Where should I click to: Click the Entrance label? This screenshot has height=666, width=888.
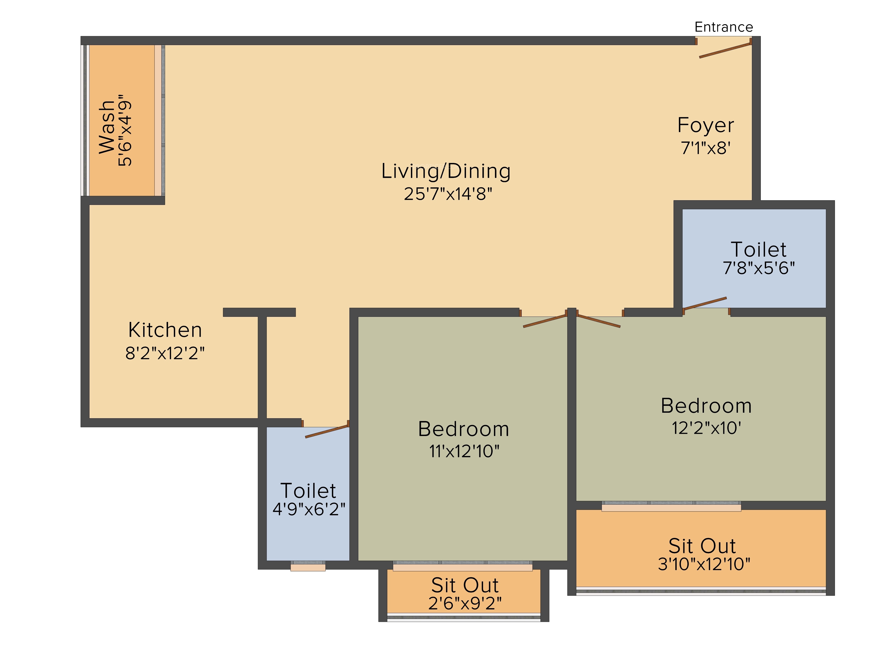(723, 27)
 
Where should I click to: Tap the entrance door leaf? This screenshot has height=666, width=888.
(725, 51)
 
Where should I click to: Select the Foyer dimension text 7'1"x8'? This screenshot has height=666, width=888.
(705, 148)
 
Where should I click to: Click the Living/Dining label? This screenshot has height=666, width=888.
(446, 171)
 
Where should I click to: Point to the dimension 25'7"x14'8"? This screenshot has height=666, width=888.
(448, 194)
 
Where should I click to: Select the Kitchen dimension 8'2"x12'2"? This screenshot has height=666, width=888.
(165, 353)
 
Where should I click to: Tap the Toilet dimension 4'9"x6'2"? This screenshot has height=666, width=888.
(309, 509)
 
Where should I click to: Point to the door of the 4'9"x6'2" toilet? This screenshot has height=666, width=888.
(327, 431)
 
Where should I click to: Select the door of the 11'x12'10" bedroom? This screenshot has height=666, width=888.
(545, 321)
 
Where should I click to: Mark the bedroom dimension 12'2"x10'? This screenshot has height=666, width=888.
(707, 428)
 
